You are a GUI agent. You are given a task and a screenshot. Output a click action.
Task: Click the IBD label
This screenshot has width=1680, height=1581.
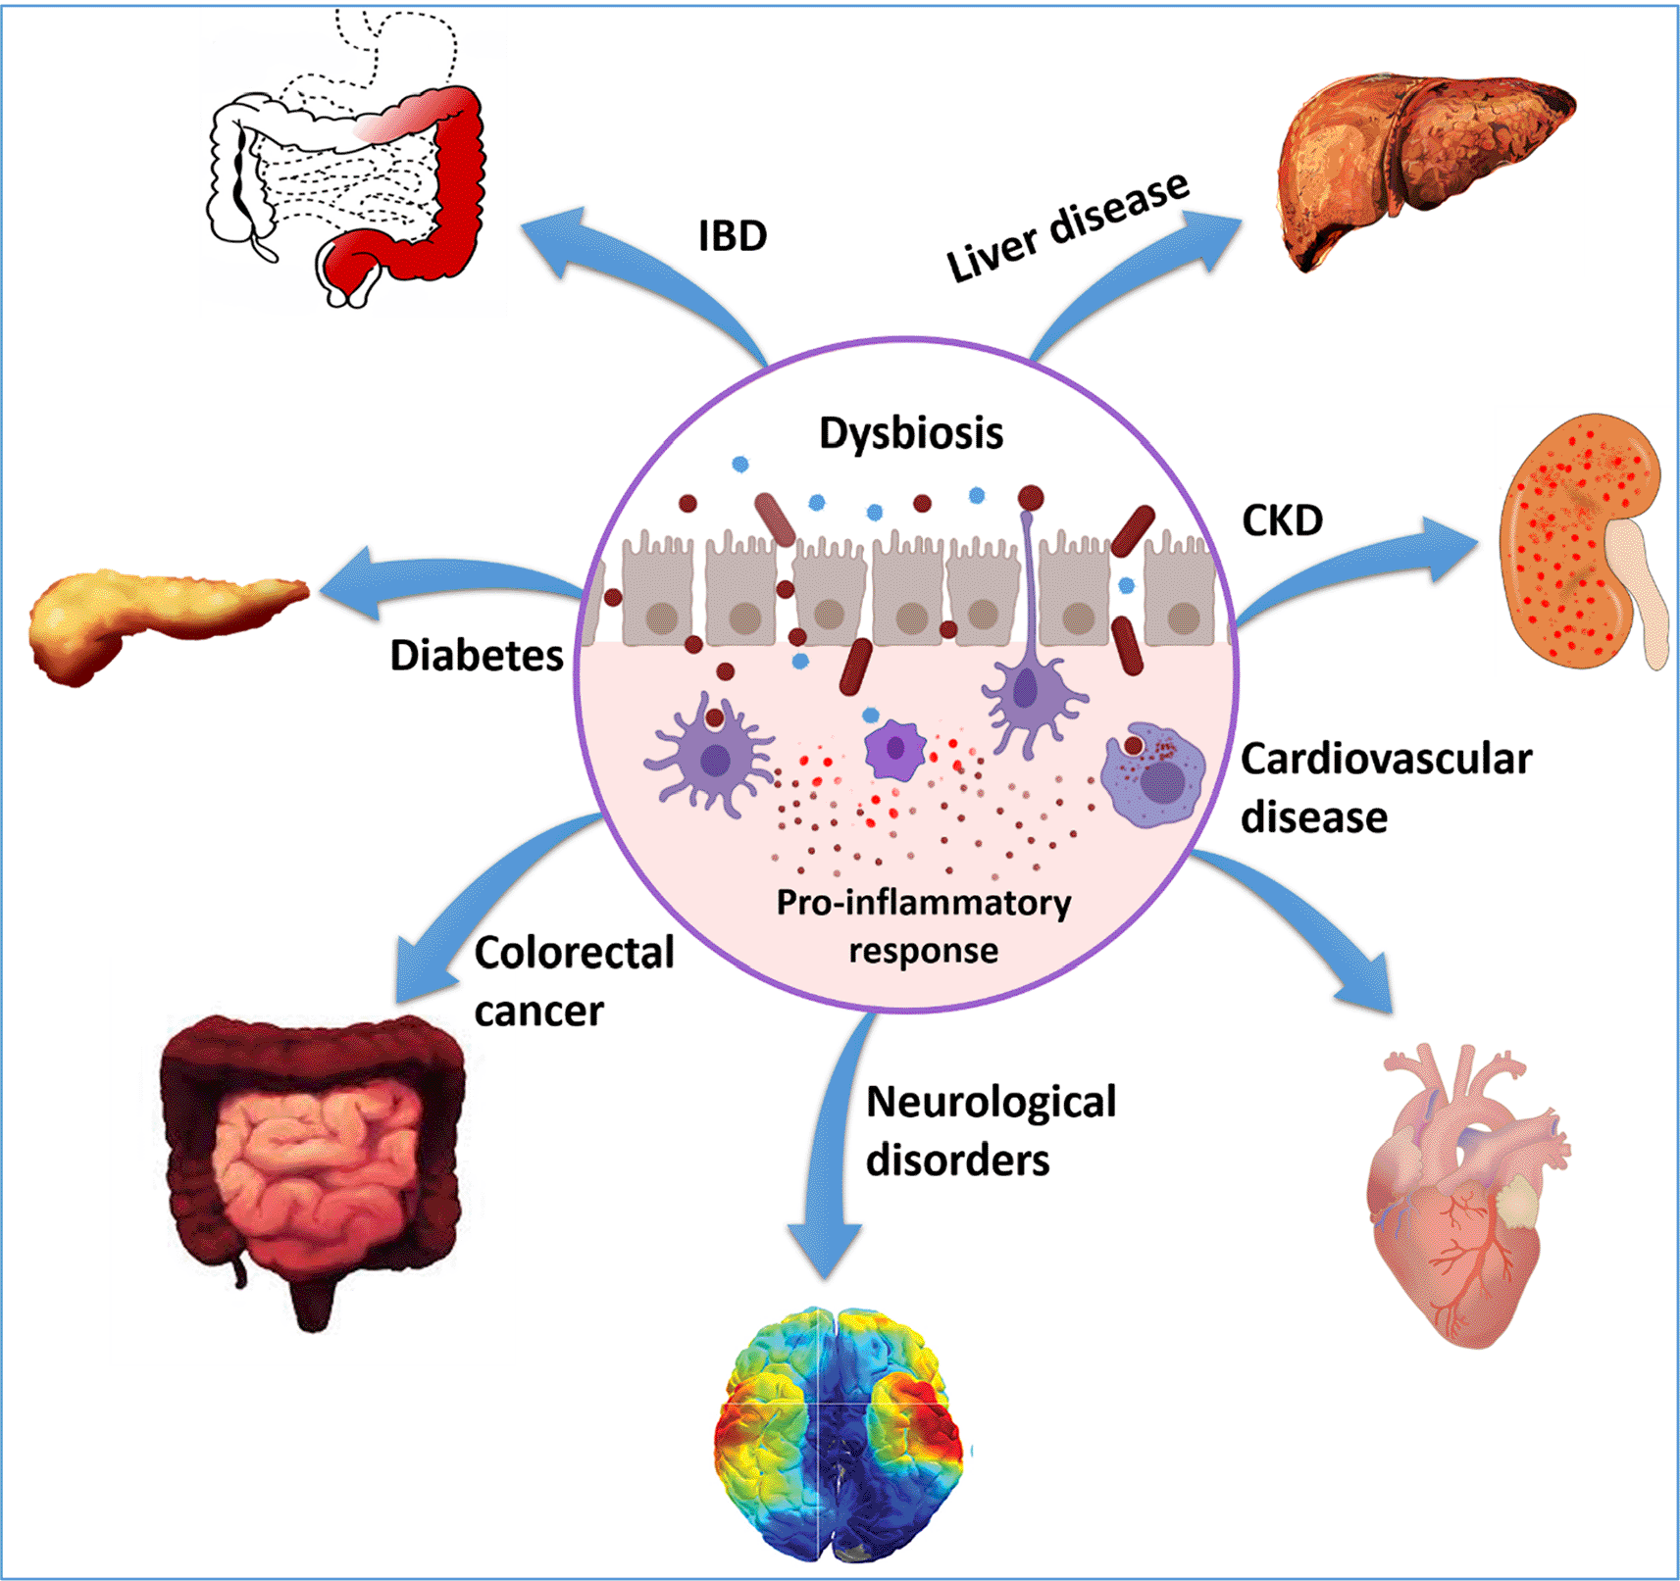tap(733, 236)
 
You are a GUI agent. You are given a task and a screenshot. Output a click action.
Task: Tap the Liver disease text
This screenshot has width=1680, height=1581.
tap(1067, 227)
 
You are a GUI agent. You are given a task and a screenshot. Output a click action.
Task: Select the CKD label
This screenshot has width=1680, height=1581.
tap(1282, 520)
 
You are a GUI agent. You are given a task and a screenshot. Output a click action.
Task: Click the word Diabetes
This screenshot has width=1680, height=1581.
tap(477, 656)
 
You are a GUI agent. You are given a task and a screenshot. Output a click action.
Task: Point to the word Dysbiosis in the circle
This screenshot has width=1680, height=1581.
tap(911, 433)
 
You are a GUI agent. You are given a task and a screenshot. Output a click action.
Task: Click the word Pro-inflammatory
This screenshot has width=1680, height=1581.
tap(923, 903)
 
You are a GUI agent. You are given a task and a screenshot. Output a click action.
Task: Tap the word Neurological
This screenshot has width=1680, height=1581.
tap(991, 1102)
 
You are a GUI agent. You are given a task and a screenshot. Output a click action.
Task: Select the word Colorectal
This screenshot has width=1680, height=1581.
tap(575, 953)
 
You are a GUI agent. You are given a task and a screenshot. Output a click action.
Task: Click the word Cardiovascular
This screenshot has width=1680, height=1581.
tap(1386, 760)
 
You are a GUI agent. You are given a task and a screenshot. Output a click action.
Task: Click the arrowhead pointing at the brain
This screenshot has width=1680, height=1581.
tap(826, 1250)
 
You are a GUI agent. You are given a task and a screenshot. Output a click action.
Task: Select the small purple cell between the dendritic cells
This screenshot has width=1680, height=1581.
tap(894, 749)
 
